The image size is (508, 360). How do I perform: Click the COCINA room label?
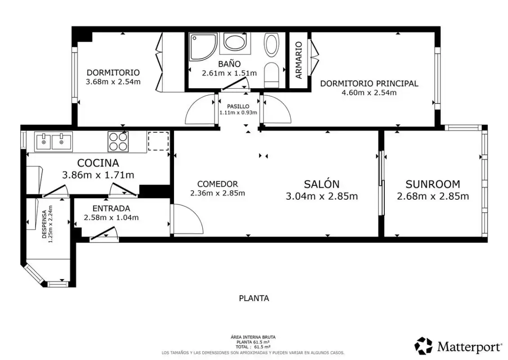coord(98,163)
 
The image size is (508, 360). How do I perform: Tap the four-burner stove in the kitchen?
coord(118,142)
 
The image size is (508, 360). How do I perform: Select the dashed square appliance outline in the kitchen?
coord(158,141)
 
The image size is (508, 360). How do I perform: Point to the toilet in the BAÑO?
coord(272,75)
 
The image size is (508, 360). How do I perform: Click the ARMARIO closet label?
coord(299,60)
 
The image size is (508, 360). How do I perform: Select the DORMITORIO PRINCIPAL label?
coord(369,83)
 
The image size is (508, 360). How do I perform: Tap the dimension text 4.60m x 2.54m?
coord(369,93)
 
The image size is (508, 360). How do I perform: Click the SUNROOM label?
coord(433,184)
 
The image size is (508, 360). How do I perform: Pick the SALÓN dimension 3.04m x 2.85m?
coord(322,196)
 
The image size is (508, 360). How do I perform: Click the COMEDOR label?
coord(218,184)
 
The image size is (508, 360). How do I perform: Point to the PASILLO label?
coord(238,106)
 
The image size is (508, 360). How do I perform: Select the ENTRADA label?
coord(111,208)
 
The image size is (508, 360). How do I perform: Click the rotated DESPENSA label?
coord(45,224)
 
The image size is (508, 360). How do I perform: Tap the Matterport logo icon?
coord(424,346)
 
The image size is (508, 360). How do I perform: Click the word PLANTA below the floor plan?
coord(254,298)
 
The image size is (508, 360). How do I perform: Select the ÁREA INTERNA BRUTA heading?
coord(253,337)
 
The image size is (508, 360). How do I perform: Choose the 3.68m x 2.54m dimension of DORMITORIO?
coord(113,82)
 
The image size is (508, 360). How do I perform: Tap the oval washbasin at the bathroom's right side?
coord(272,45)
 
